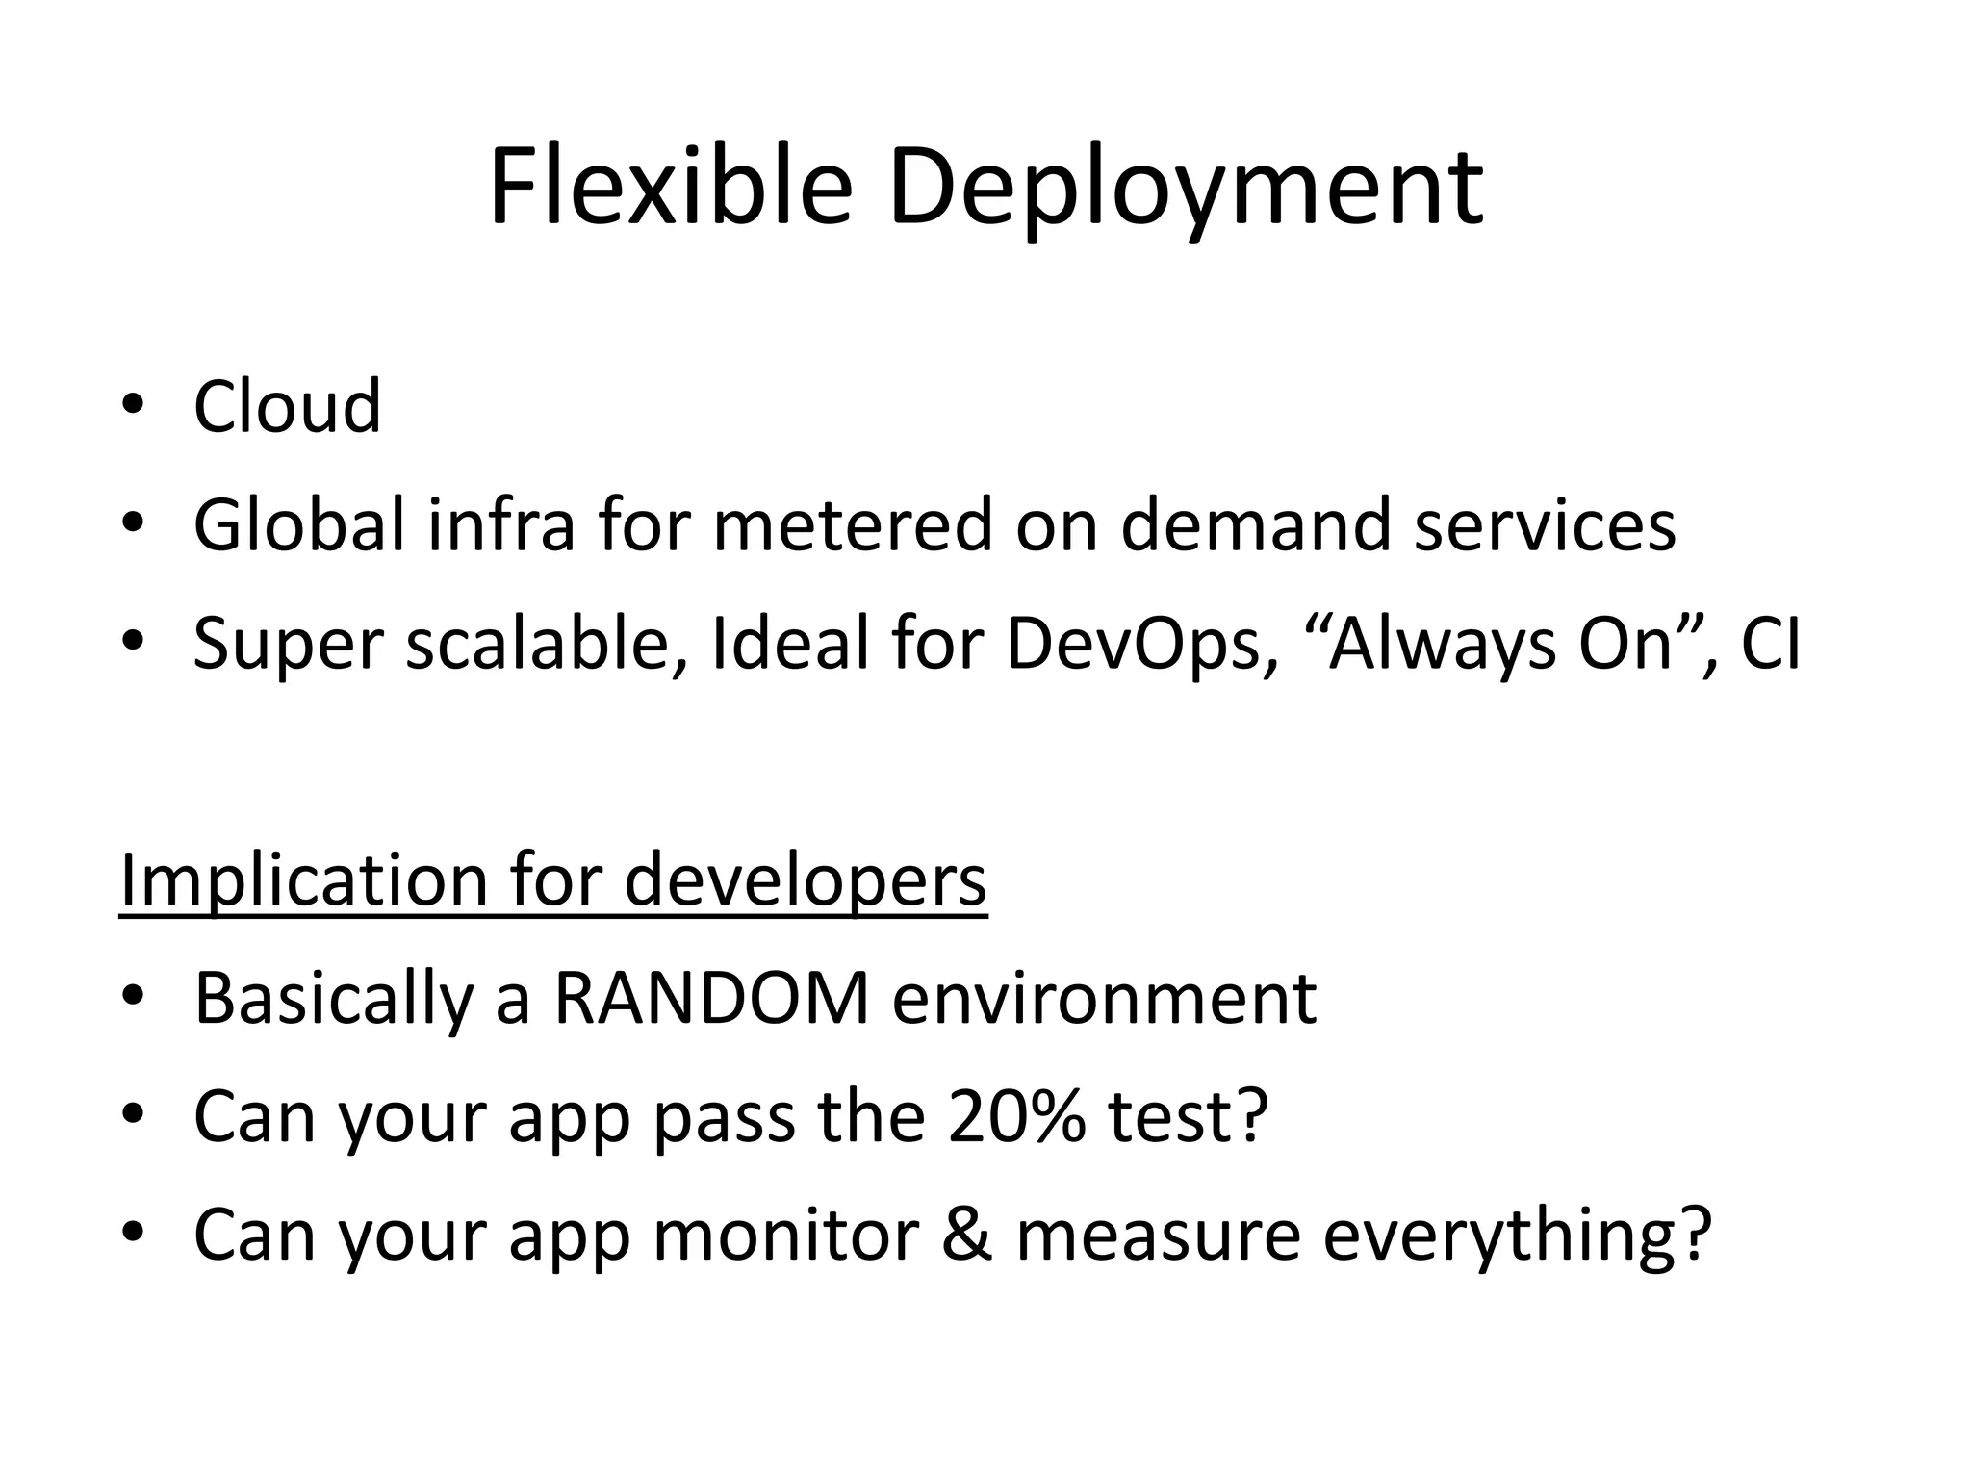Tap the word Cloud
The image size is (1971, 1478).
pos(287,406)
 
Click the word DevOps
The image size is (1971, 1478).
pos(1133,644)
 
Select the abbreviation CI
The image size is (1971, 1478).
pos(1769,644)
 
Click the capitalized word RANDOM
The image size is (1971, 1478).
pos(711,998)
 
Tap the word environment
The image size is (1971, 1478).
pos(1104,998)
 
